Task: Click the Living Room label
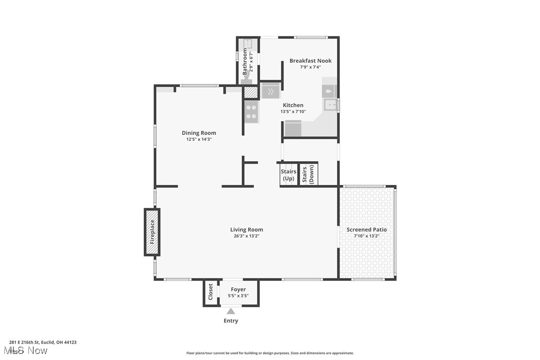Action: click(247, 230)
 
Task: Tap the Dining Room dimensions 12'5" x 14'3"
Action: click(199, 140)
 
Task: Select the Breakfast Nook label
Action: click(310, 61)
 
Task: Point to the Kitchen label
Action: click(293, 105)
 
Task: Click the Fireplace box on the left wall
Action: click(152, 232)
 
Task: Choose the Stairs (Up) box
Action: click(288, 175)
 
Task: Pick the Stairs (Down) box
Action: click(308, 175)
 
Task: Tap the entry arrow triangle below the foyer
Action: click(231, 311)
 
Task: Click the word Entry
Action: click(231, 321)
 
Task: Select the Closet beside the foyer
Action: click(211, 293)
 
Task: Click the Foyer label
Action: click(238, 289)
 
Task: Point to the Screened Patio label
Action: click(366, 230)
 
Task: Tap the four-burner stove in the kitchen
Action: click(251, 112)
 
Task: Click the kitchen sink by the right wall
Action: click(330, 104)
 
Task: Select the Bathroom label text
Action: click(245, 62)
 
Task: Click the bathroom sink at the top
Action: click(248, 44)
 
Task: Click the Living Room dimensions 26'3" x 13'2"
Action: click(247, 236)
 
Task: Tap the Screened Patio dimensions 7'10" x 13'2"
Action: click(366, 236)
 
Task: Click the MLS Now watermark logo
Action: click(28, 351)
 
